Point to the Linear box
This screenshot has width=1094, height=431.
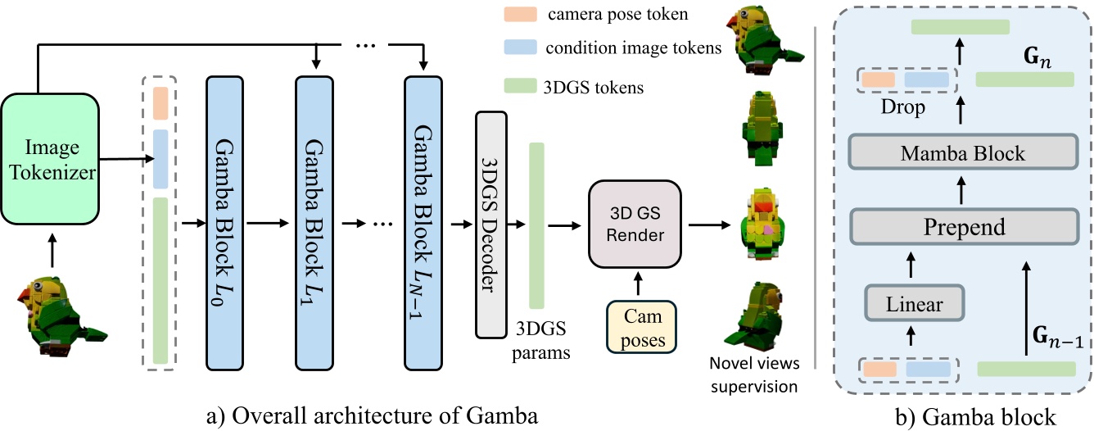tap(914, 305)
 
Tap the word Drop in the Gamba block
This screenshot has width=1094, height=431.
tap(903, 107)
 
